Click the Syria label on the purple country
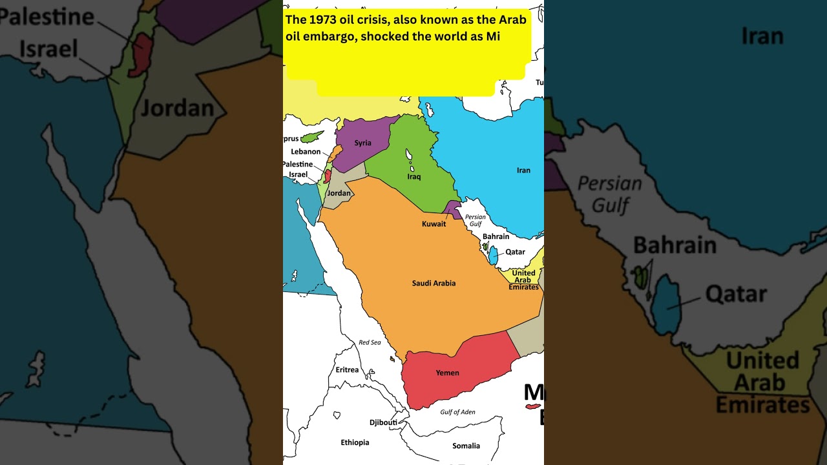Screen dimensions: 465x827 362,143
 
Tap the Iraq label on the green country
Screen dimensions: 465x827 413,176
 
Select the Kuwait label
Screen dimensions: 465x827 434,224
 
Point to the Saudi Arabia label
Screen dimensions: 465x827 434,283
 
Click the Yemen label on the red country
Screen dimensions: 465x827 447,373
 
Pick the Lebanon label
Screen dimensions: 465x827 306,152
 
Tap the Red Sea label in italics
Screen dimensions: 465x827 370,342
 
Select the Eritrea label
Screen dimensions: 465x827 347,370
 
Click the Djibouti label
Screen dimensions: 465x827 383,422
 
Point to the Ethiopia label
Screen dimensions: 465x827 355,442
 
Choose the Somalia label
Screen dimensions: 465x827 466,446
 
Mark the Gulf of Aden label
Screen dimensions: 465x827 457,412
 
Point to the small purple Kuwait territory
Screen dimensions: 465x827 453,209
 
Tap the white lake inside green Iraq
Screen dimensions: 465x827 409,155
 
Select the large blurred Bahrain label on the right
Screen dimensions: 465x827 674,245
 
